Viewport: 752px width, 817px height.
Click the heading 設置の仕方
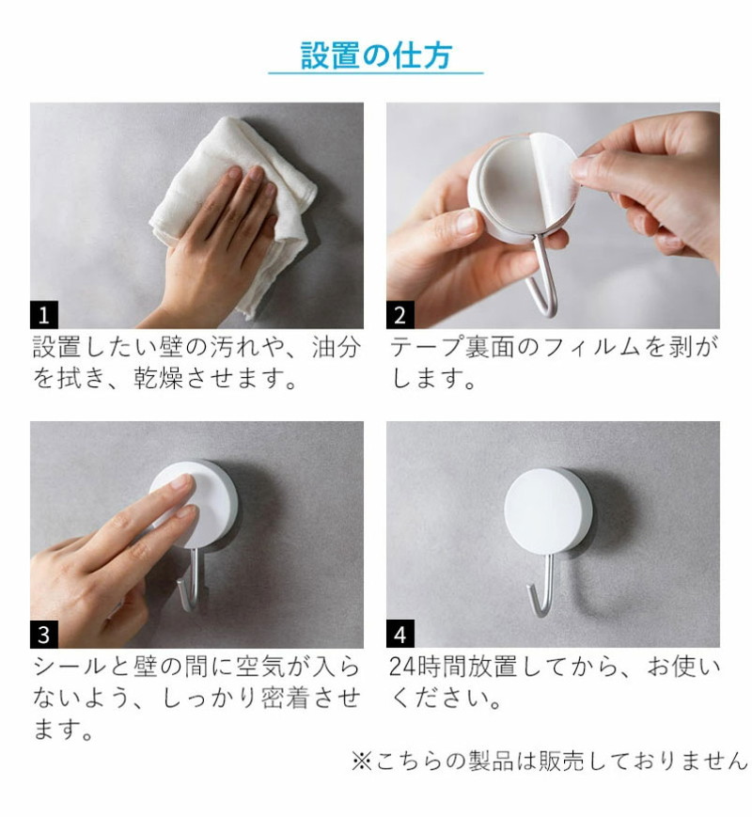[376, 55]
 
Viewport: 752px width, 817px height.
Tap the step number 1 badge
[44, 315]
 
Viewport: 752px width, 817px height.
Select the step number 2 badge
[399, 315]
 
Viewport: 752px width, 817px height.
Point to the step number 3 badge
[44, 634]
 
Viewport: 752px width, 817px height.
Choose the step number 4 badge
[399, 634]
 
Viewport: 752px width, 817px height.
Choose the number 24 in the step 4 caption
[402, 667]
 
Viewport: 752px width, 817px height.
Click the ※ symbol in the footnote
[361, 761]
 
